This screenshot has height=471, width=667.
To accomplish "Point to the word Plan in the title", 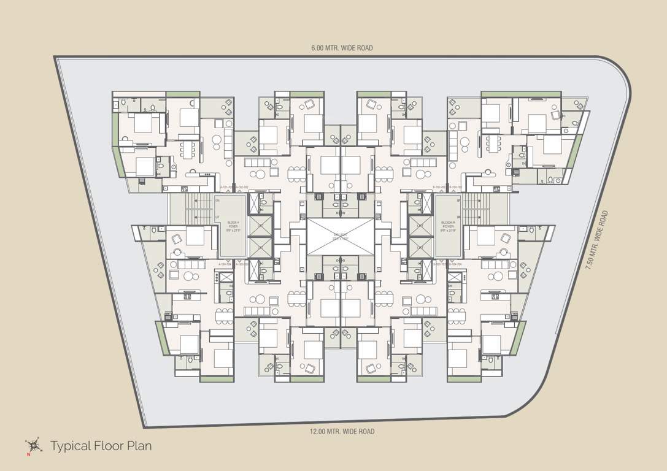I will click(140, 446).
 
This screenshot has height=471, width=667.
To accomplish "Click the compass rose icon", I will click(32, 446).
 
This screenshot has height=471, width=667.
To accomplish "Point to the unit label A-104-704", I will click(225, 264).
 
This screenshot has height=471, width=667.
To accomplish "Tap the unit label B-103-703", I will click(441, 264).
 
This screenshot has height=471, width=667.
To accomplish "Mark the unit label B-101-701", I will click(455, 188).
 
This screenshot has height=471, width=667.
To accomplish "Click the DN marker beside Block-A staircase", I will click(218, 201).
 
